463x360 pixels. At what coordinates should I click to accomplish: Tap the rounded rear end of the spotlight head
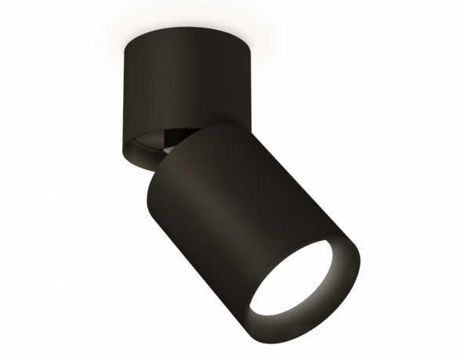212,137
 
